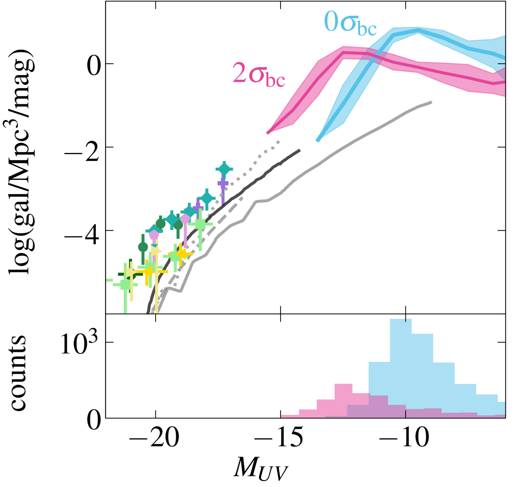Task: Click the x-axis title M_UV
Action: click(260, 468)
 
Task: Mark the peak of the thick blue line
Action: click(417, 30)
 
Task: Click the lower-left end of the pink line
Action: click(268, 133)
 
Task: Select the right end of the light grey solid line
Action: click(430, 102)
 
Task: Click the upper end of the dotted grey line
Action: click(279, 141)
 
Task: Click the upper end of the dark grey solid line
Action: click(300, 150)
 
